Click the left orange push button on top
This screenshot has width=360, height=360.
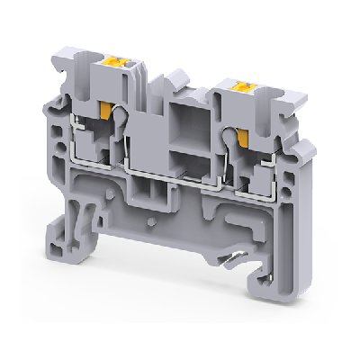coord(115,66)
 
